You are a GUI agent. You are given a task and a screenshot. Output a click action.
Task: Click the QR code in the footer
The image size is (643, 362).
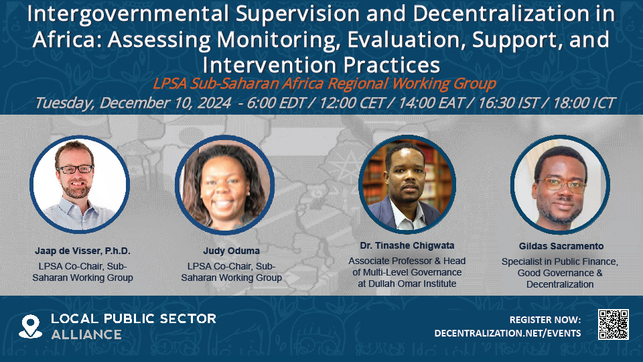tap(613, 324)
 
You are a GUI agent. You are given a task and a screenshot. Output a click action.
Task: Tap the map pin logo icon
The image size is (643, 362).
tap(30, 326)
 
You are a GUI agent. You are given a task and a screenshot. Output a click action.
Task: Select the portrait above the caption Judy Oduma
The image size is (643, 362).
tap(225, 184)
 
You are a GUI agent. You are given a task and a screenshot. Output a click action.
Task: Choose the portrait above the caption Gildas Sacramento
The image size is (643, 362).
tap(560, 184)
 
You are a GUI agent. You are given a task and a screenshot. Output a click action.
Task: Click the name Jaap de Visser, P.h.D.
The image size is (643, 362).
tap(82, 251)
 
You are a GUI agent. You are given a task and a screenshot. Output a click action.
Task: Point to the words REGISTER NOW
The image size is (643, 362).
tap(545, 320)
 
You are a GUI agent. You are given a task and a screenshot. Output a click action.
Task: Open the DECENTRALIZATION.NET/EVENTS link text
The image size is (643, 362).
tap(508, 333)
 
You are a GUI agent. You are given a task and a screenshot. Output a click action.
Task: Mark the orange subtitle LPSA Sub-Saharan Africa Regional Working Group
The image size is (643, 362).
tap(324, 84)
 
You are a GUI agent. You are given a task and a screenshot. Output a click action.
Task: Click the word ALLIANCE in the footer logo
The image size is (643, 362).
tap(86, 334)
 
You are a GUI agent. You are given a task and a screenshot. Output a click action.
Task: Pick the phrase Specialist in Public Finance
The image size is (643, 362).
tap(560, 261)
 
